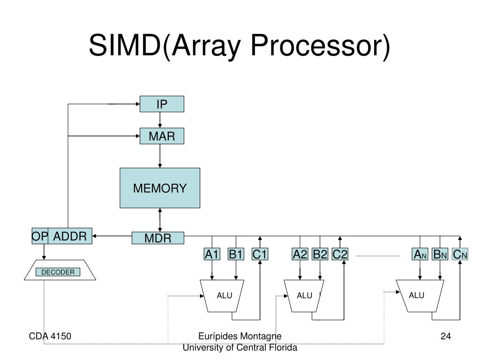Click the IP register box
(x=162, y=104)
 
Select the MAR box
(x=162, y=136)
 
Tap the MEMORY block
(x=160, y=188)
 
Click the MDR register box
(x=157, y=238)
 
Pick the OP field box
(x=40, y=236)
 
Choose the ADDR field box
(x=70, y=236)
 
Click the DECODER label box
(x=58, y=272)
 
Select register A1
(x=212, y=254)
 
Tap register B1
(x=236, y=254)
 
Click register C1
(x=260, y=254)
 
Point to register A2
(x=300, y=254)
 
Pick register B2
(x=320, y=254)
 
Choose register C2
(x=340, y=254)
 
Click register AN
(x=420, y=254)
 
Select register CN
(x=460, y=254)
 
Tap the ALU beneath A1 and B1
(x=222, y=296)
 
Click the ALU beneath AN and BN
(x=420, y=296)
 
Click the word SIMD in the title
(x=125, y=45)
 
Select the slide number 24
(x=446, y=336)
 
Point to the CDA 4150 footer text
(x=50, y=336)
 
